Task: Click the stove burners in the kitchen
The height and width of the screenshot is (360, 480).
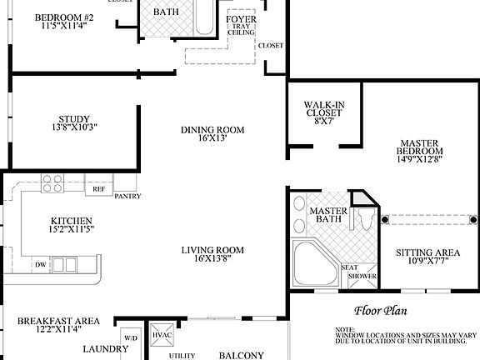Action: (x=53, y=183)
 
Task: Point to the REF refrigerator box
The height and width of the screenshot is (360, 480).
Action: (x=98, y=189)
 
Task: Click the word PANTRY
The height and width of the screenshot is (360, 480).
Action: (x=127, y=197)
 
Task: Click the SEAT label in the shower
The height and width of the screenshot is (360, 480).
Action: (x=351, y=267)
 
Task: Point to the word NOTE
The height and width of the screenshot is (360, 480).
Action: (x=346, y=330)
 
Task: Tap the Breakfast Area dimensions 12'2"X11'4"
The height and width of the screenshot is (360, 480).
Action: (x=58, y=329)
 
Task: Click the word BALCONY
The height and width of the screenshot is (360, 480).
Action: (x=241, y=356)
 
